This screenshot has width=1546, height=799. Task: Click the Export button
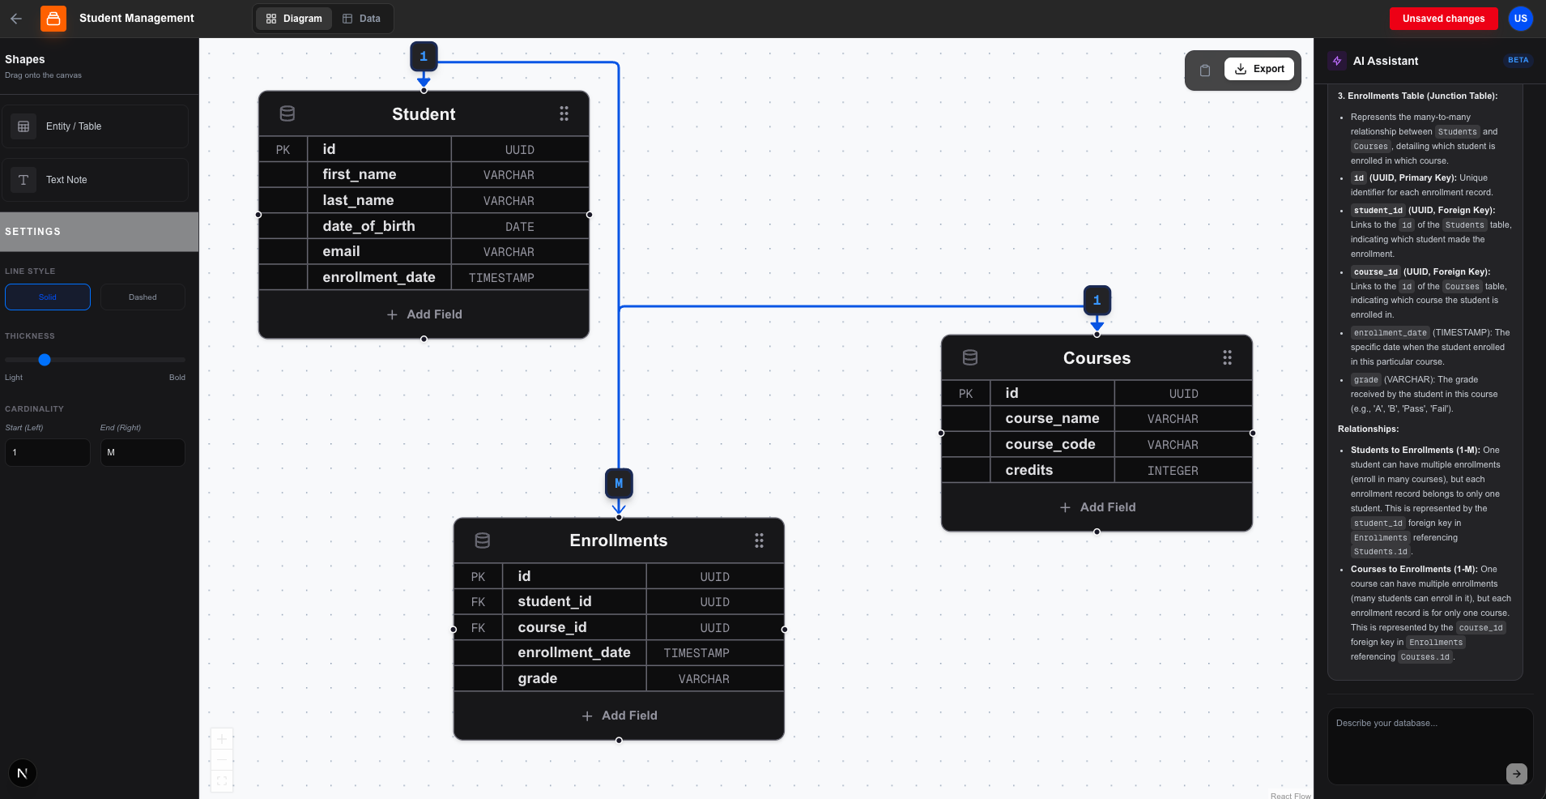pos(1259,69)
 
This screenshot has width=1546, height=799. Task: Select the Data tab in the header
pos(361,19)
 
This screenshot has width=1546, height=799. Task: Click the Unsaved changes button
pos(1443,19)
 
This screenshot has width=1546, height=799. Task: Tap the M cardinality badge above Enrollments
pos(619,484)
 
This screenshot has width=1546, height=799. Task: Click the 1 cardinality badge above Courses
pos(1097,301)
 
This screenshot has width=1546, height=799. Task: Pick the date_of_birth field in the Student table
pos(368,226)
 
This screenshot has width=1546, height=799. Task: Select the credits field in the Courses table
pos(1029,470)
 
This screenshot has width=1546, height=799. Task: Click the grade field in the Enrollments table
pos(538,678)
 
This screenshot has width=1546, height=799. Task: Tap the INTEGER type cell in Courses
pos(1173,471)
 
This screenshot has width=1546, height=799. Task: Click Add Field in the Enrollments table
pos(619,716)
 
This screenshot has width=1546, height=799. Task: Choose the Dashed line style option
pos(143,297)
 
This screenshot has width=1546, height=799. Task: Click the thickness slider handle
pos(45,360)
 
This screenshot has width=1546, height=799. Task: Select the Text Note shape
pos(96,180)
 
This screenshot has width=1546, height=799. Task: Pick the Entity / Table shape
pos(96,126)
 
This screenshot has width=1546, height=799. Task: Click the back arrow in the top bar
pos(16,18)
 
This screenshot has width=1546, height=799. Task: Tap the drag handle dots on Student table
pos(564,114)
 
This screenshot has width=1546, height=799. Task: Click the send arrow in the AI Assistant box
pos(1517,774)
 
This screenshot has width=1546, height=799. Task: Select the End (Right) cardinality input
pos(143,452)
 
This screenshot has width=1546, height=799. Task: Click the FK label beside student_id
pos(478,602)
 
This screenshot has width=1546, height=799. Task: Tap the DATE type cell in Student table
pos(520,227)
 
